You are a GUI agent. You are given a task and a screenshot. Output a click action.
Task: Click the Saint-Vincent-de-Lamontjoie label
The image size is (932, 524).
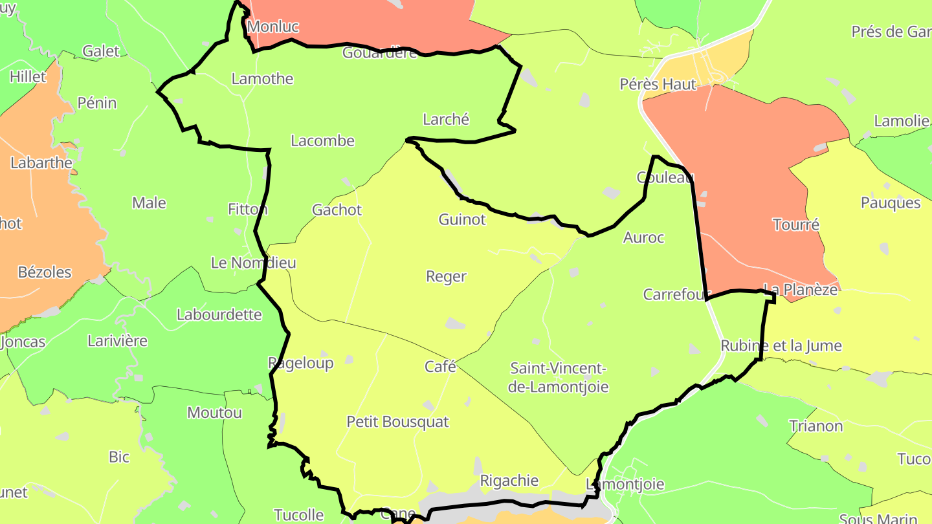(x=559, y=378)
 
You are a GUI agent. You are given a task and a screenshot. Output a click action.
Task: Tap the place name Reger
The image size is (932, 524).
(x=446, y=276)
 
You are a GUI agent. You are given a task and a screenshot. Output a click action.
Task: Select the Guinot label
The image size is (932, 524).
(x=461, y=219)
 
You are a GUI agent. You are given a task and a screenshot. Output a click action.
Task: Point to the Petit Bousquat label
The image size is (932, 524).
(x=397, y=422)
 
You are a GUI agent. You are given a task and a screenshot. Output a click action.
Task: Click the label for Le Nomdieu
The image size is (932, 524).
(x=253, y=263)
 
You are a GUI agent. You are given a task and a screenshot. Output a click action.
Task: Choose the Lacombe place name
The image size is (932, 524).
(x=322, y=140)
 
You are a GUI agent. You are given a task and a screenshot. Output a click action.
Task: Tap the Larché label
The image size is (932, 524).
(x=445, y=119)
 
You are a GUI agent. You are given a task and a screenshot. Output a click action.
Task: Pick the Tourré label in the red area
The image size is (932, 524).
(x=795, y=224)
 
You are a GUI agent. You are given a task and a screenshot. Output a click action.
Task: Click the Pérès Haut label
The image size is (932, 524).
(x=658, y=84)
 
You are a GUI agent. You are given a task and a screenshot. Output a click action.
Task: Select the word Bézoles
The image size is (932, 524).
(x=45, y=272)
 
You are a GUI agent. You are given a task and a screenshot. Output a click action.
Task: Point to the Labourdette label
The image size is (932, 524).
(x=219, y=314)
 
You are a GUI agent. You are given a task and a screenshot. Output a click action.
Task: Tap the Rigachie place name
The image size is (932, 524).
(x=509, y=481)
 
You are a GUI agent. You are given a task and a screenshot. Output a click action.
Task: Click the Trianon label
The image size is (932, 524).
(x=815, y=426)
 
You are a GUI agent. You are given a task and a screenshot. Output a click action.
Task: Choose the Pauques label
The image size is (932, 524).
(x=890, y=203)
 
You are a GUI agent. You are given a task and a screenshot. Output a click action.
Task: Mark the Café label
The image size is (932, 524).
(x=440, y=367)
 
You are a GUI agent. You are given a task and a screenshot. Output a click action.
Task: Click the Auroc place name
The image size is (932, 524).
(x=643, y=237)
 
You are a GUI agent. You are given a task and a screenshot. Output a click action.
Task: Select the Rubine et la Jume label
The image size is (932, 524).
(x=781, y=345)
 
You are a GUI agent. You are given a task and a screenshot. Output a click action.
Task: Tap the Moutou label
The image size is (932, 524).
(x=214, y=412)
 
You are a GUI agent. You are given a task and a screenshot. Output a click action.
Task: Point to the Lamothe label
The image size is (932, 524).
(x=262, y=79)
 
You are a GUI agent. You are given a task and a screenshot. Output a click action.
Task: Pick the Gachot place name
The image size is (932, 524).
(x=337, y=210)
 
